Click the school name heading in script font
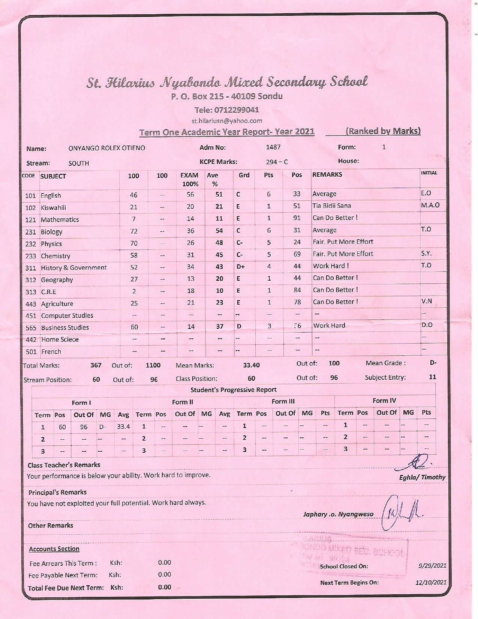point(227,82)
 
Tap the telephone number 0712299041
point(226,110)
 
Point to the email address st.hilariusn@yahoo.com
point(226,121)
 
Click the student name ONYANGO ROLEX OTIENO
point(106,148)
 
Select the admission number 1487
point(273,147)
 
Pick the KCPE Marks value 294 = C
point(277,162)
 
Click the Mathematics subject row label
point(60,220)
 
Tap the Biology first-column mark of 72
point(134,231)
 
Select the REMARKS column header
point(327,174)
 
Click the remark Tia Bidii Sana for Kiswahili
point(331,206)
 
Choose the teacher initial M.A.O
point(430,205)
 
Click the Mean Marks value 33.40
point(251,365)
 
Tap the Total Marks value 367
point(96,365)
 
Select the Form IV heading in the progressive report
point(384,401)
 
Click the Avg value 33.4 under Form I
point(123,427)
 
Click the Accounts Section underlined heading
point(54,549)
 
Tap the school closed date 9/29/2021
point(432,566)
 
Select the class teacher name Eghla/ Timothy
point(422,477)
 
